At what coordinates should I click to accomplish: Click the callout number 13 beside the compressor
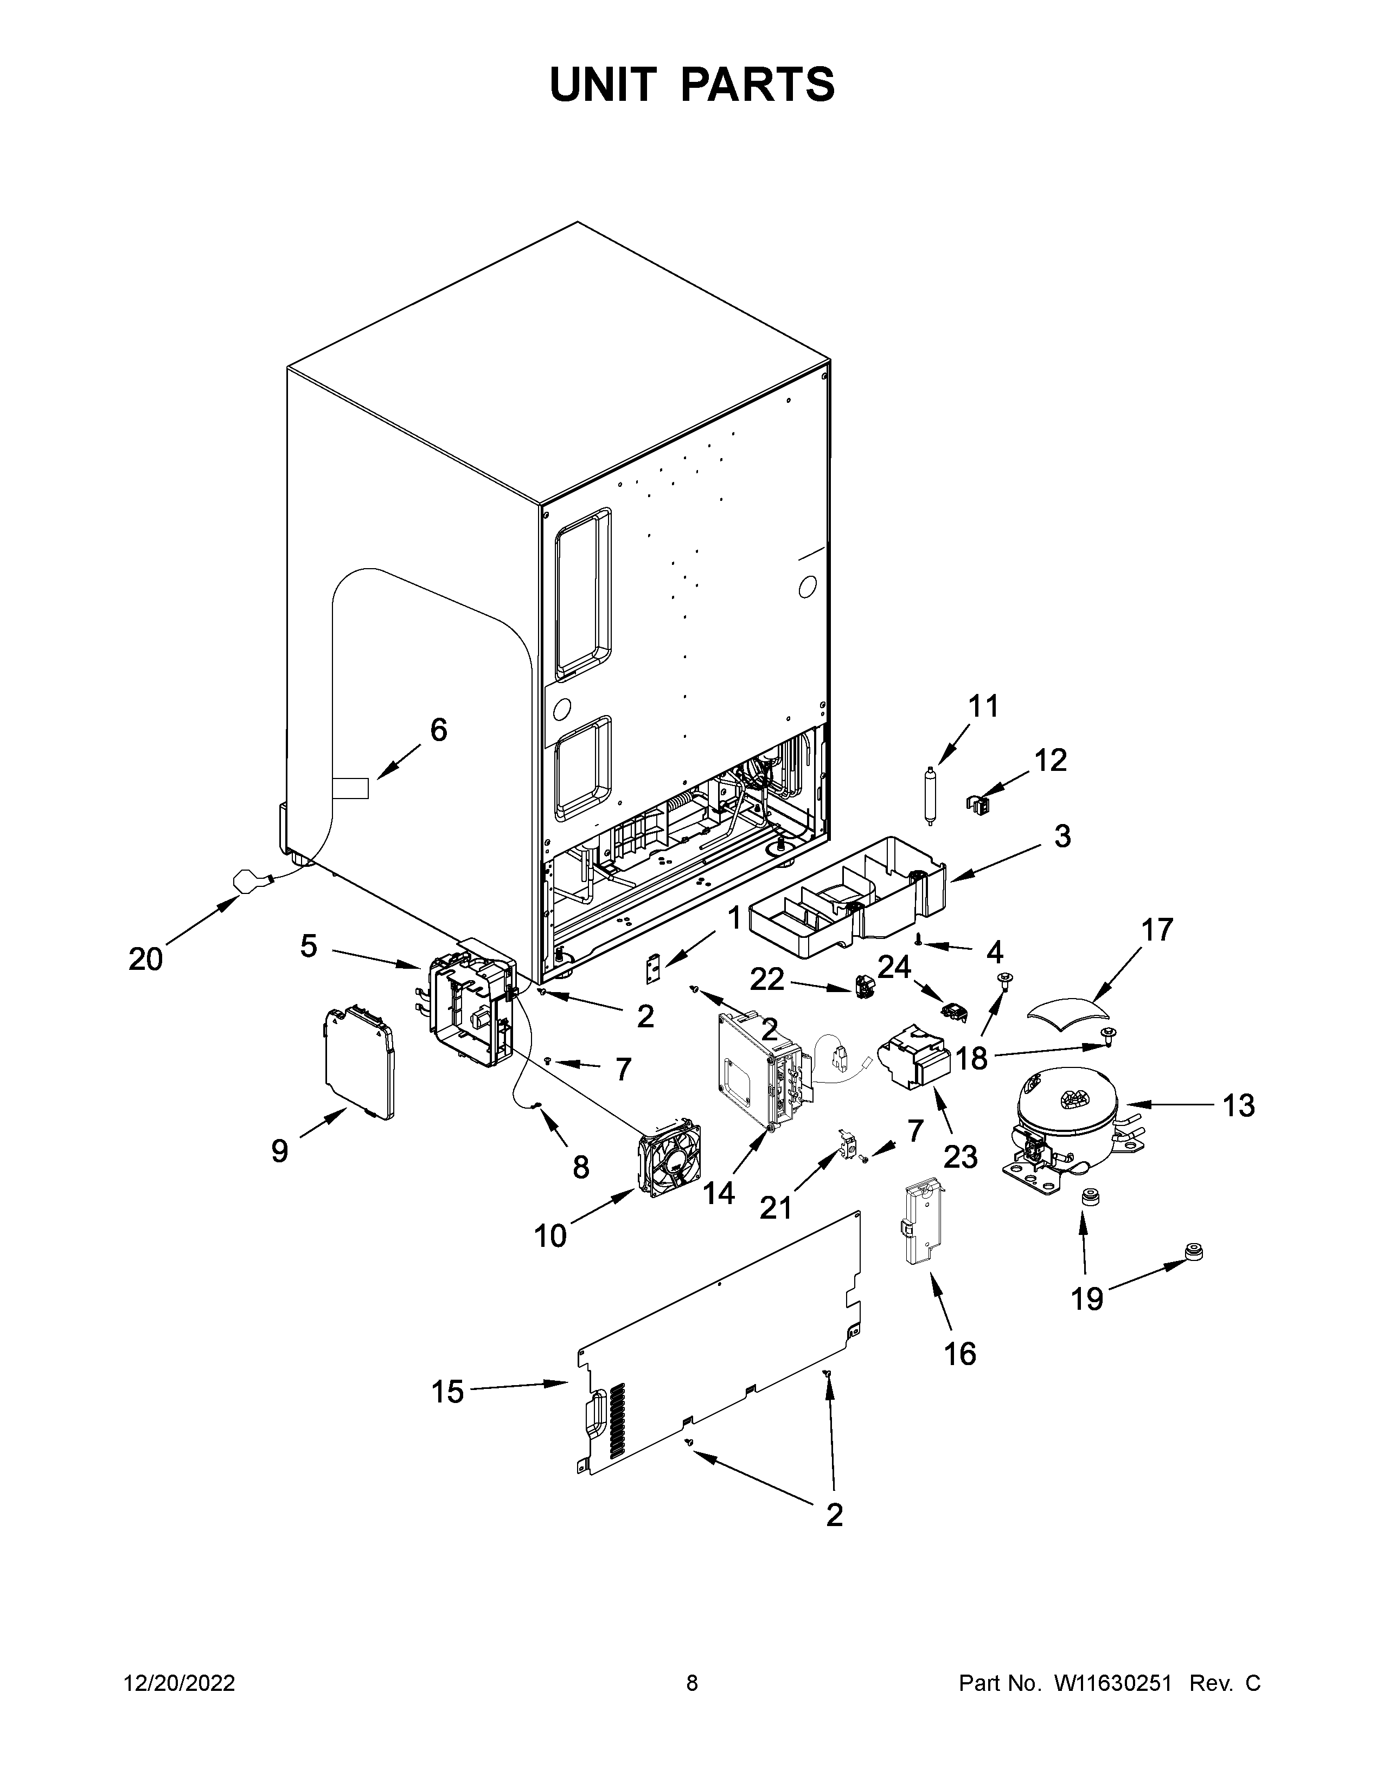point(1238,1106)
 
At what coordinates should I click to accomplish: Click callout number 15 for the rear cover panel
point(447,1392)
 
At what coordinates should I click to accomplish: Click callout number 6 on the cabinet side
point(438,729)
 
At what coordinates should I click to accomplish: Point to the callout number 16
point(959,1354)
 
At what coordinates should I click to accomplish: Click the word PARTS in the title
point(757,85)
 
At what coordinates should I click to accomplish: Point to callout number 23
point(960,1157)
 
